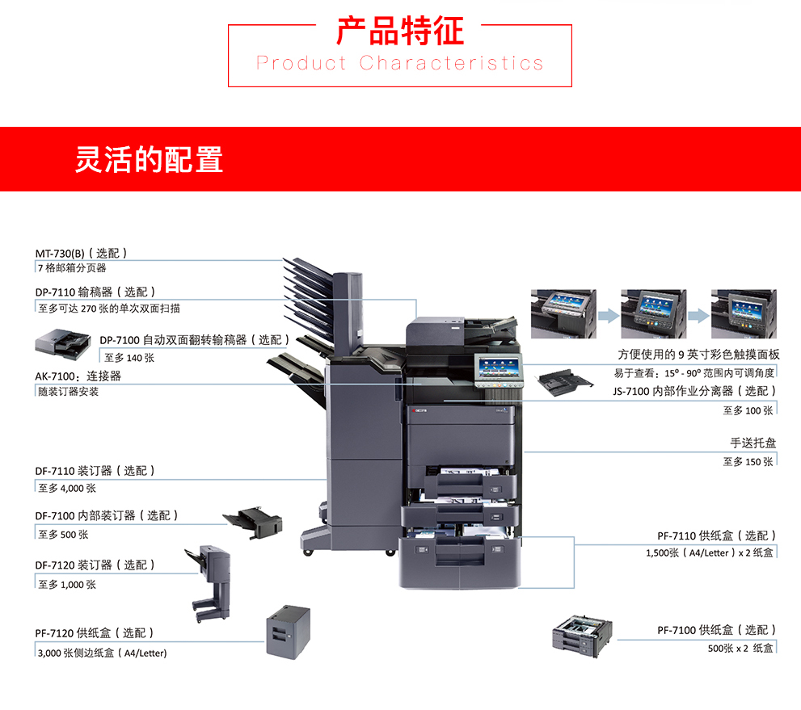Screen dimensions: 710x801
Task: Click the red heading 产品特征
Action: pyautogui.click(x=400, y=32)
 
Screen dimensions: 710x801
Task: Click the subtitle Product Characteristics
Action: pyautogui.click(x=400, y=63)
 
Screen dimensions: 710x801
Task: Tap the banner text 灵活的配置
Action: pyautogui.click(x=149, y=159)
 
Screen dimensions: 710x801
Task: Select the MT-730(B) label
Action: pyautogui.click(x=81, y=253)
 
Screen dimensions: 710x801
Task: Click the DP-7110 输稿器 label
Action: pyautogui.click(x=95, y=292)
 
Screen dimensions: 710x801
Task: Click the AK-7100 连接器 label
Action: pyautogui.click(x=78, y=376)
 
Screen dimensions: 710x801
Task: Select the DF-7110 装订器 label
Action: pyautogui.click(x=95, y=470)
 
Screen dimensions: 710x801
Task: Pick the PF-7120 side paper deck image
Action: pyautogui.click(x=289, y=630)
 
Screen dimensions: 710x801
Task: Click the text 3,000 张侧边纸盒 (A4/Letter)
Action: pyautogui.click(x=102, y=653)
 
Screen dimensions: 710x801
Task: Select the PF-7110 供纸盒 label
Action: pyautogui.click(x=716, y=535)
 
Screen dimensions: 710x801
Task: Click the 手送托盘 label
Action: pyautogui.click(x=753, y=443)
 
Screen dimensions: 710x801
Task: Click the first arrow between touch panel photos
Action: pyautogui.click(x=608, y=313)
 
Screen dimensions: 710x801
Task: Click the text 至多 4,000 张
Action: pyautogui.click(x=67, y=488)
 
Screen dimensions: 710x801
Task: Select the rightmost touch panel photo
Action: pyautogui.click(x=743, y=313)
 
